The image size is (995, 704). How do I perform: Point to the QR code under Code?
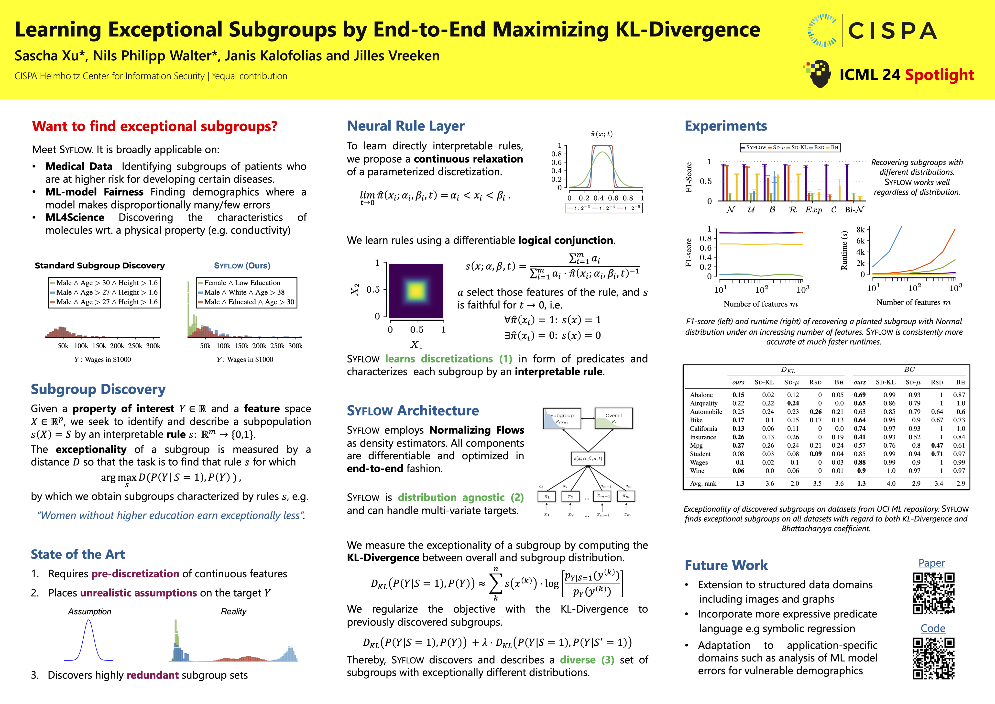[x=933, y=658]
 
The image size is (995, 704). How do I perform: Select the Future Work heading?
[x=726, y=565]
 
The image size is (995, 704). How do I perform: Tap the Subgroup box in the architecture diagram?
[x=562, y=418]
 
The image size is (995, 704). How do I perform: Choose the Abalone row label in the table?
[x=701, y=395]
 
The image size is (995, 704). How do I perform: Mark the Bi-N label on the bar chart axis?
[x=854, y=210]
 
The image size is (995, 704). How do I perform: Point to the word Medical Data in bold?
[x=79, y=166]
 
